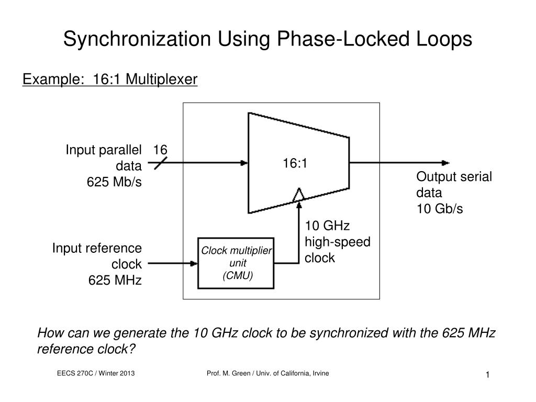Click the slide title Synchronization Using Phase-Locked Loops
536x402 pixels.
(x=267, y=39)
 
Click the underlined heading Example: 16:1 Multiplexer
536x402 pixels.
(x=110, y=79)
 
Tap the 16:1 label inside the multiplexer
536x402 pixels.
(x=295, y=163)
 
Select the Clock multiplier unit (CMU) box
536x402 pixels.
(x=236, y=263)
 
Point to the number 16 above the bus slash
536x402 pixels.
(x=160, y=150)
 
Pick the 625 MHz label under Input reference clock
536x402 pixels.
(x=115, y=280)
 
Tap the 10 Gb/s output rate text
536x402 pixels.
(x=440, y=208)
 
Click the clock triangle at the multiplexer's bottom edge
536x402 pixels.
(x=298, y=195)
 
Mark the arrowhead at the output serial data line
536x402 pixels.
(x=445, y=163)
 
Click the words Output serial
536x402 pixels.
(x=454, y=176)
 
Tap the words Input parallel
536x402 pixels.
(x=104, y=150)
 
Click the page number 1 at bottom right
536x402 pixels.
(x=487, y=375)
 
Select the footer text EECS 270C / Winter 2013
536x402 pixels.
(x=96, y=373)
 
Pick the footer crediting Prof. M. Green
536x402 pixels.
(x=268, y=373)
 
